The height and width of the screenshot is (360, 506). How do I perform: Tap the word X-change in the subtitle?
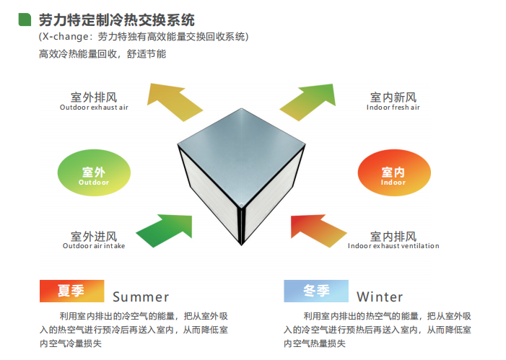[66, 37]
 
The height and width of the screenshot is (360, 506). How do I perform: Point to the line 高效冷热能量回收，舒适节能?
[102, 53]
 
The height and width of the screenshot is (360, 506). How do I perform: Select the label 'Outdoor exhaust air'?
[94, 107]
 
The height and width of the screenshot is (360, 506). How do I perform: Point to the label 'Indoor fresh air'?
[393, 107]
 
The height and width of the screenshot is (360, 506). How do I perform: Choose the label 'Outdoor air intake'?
[94, 246]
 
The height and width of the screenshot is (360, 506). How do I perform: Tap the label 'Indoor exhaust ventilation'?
[393, 246]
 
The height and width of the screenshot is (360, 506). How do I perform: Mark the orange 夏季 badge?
[70, 291]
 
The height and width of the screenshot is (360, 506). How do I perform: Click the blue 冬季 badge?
[315, 291]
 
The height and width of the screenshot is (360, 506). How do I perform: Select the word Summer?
[141, 297]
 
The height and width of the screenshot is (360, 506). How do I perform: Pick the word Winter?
[380, 297]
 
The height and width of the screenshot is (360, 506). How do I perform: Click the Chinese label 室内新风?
[393, 97]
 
